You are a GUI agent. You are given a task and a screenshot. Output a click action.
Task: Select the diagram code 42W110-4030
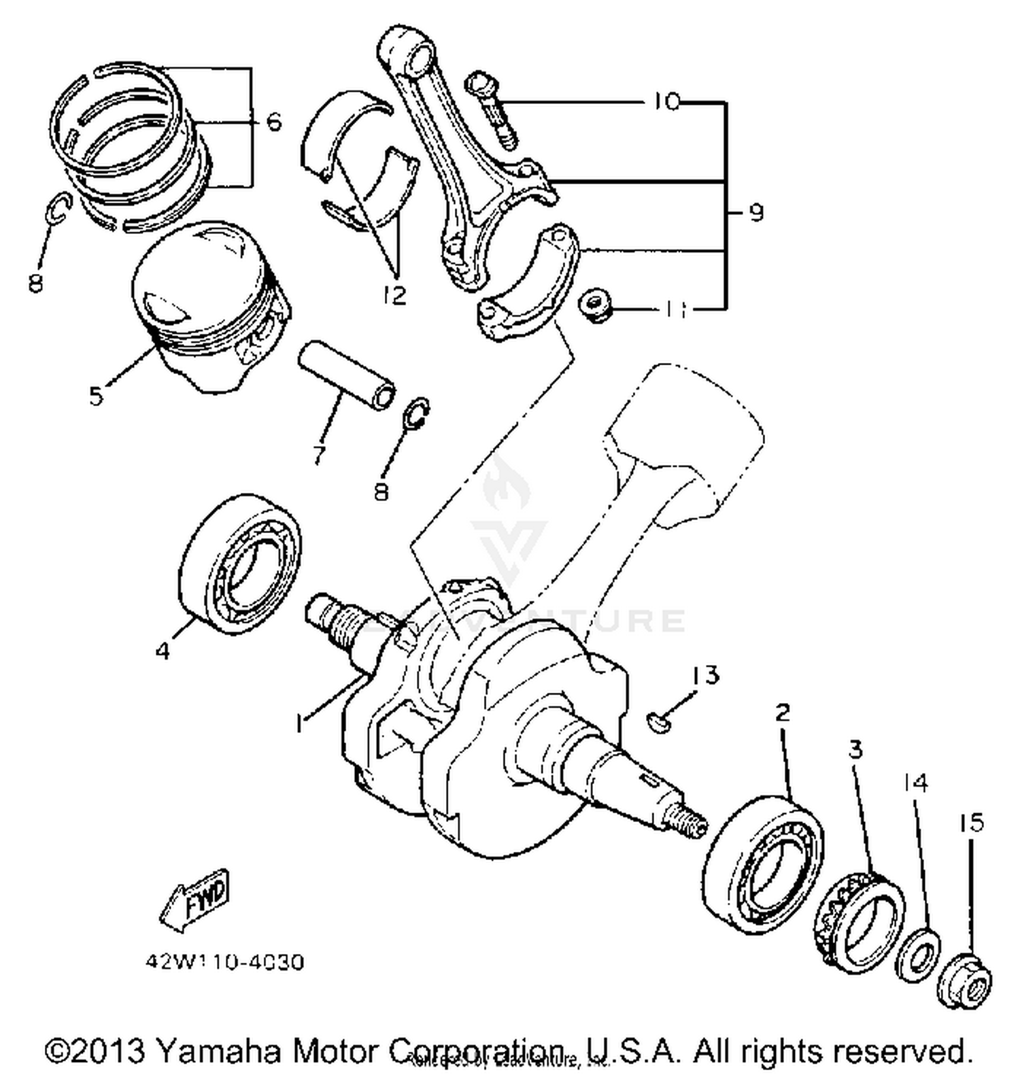pos(224,962)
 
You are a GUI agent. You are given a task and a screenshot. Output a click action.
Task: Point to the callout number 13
pos(705,675)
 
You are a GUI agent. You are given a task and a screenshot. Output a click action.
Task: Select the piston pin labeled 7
pos(347,375)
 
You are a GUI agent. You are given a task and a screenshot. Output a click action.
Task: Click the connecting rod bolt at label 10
pos(492,111)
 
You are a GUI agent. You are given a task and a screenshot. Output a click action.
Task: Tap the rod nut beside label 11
pos(597,307)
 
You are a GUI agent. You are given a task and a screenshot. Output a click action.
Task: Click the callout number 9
pos(755,213)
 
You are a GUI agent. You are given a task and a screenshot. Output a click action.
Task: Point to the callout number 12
pos(394,294)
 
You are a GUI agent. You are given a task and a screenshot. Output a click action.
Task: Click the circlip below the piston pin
pos(417,413)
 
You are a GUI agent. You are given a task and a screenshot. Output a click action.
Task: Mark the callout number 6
pos(273,122)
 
